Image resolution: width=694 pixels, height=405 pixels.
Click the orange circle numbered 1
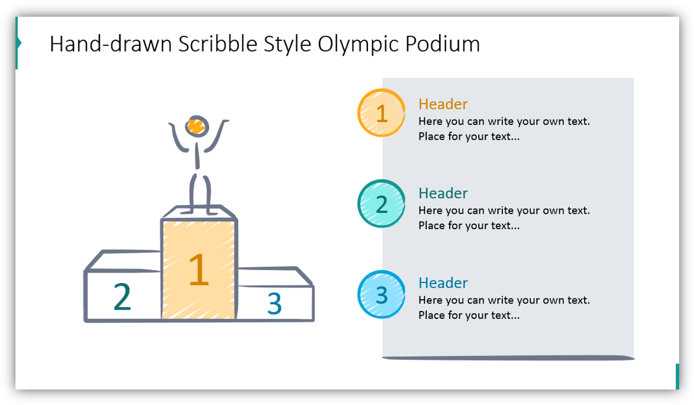(x=382, y=113)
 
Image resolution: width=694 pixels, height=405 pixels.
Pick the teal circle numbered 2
(x=382, y=204)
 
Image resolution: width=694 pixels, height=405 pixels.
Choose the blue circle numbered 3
(x=382, y=294)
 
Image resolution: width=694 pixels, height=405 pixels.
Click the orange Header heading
(x=443, y=104)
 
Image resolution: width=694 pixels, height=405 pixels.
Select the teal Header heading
(x=443, y=193)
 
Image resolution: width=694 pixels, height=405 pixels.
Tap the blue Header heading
(x=443, y=283)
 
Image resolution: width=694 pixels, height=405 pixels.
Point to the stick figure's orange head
(x=197, y=126)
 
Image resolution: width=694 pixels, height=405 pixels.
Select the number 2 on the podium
(x=122, y=297)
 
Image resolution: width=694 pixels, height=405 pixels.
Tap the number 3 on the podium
(x=274, y=303)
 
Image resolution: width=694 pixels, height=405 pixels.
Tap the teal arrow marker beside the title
(x=19, y=43)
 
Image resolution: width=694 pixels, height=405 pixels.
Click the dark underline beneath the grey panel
(x=508, y=357)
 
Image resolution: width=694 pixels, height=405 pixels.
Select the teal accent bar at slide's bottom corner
(x=677, y=376)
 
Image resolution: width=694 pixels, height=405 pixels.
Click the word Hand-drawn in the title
(x=111, y=45)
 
